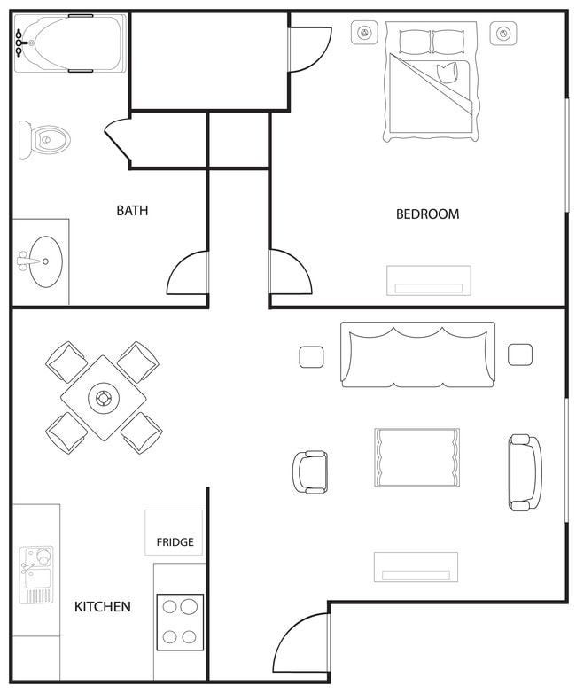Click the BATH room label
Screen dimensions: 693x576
pyautogui.click(x=132, y=211)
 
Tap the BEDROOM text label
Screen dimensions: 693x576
pyautogui.click(x=427, y=214)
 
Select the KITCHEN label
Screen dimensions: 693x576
pyautogui.click(x=102, y=607)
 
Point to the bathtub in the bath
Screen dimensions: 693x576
pyautogui.click(x=70, y=43)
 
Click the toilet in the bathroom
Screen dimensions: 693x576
pyautogui.click(x=44, y=140)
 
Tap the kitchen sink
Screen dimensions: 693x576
pyautogui.click(x=36, y=573)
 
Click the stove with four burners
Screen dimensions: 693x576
pyautogui.click(x=180, y=621)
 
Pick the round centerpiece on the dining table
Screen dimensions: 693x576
pyautogui.click(x=104, y=398)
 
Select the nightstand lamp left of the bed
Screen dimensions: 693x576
pyautogui.click(x=363, y=34)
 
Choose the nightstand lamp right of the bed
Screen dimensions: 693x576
pyautogui.click(x=503, y=34)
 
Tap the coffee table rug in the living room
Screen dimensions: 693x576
pyautogui.click(x=416, y=457)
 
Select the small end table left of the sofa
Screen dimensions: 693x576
pyautogui.click(x=311, y=356)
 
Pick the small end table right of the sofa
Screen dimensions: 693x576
pyautogui.click(x=520, y=354)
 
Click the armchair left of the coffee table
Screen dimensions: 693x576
pyautogui.click(x=310, y=471)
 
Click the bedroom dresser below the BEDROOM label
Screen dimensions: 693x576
pyautogui.click(x=429, y=280)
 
